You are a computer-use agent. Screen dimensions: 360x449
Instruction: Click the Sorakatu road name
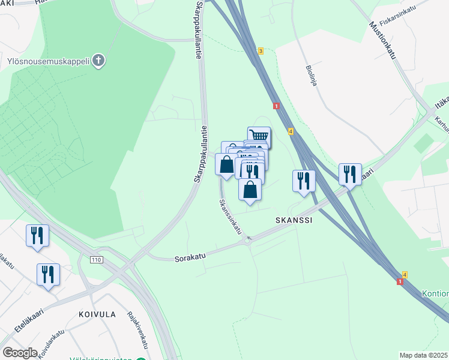tap(190, 258)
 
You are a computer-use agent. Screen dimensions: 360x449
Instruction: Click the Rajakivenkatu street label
tap(137, 330)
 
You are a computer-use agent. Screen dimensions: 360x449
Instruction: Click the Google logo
tap(20, 353)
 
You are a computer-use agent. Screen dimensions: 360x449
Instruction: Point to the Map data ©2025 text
tap(424, 355)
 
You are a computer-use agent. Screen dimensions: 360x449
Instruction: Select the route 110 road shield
tap(96, 260)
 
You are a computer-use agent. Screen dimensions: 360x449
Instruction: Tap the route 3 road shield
tap(261, 51)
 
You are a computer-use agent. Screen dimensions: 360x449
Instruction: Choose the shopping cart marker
tap(259, 136)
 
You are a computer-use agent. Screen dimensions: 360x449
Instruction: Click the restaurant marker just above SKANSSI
tap(304, 179)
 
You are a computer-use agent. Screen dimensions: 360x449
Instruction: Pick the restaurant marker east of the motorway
tap(349, 173)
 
